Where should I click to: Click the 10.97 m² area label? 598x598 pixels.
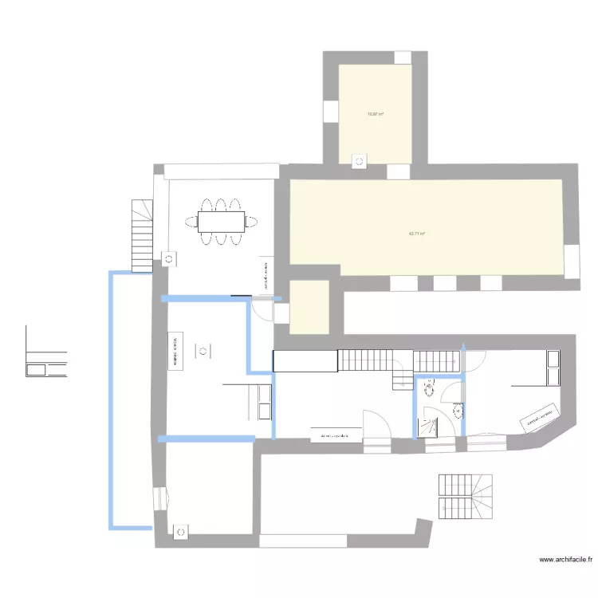pyautogui.click(x=375, y=114)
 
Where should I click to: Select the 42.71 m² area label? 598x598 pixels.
pyautogui.click(x=416, y=234)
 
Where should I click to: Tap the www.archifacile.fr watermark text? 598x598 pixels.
pyautogui.click(x=567, y=561)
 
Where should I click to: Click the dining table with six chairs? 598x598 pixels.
pyautogui.click(x=221, y=219)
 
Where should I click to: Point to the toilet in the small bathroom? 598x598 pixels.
pyautogui.click(x=430, y=388)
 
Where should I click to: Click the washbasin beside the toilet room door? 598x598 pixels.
pyautogui.click(x=458, y=411)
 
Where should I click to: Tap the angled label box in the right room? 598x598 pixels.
pyautogui.click(x=540, y=419)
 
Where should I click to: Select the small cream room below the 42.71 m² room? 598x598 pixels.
pyautogui.click(x=309, y=306)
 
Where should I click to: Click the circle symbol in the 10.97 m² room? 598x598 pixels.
pyautogui.click(x=359, y=162)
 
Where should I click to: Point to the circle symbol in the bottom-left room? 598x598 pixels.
pyautogui.click(x=181, y=530)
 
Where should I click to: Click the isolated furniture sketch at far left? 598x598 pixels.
pyautogui.click(x=46, y=359)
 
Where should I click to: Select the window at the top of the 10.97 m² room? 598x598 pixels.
pyautogui.click(x=403, y=57)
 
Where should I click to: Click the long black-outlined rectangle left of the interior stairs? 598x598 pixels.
pyautogui.click(x=305, y=361)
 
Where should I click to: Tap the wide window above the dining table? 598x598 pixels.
pyautogui.click(x=222, y=172)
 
